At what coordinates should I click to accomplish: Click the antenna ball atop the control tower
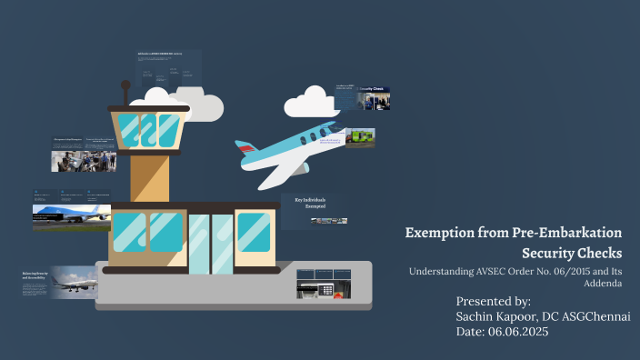click(125, 85)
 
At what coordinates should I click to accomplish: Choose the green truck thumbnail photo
click(360, 138)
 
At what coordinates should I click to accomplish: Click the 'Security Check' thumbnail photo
click(374, 97)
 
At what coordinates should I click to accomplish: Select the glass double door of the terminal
click(210, 243)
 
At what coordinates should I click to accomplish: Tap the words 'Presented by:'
click(494, 300)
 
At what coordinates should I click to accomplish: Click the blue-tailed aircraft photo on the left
click(72, 216)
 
